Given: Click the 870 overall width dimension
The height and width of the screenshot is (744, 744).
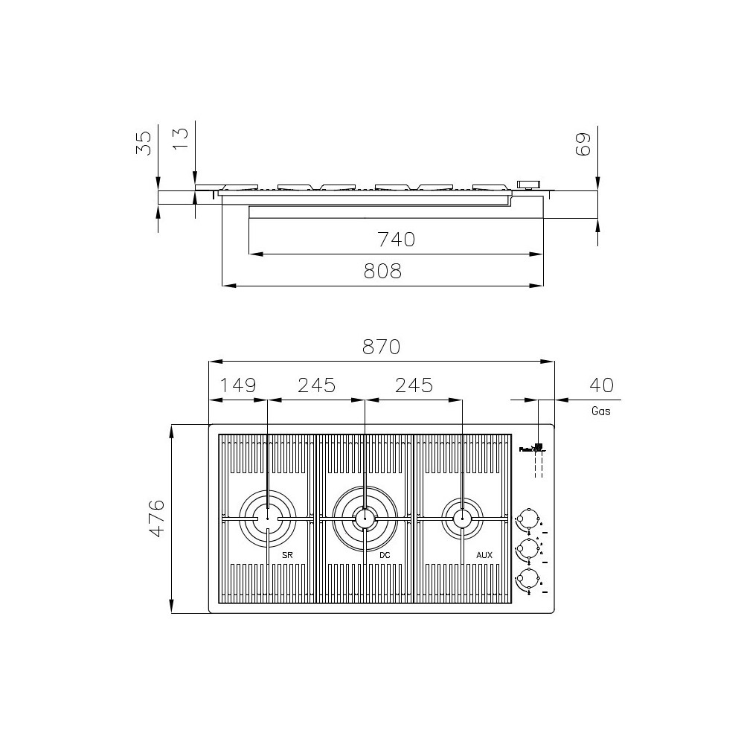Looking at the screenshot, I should (382, 347).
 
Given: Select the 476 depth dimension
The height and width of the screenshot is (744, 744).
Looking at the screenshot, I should (155, 519).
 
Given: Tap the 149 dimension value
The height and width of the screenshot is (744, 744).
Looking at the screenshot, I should (238, 385).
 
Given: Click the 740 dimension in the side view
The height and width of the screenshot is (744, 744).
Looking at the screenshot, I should (395, 240).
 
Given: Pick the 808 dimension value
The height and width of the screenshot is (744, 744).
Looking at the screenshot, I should (382, 272).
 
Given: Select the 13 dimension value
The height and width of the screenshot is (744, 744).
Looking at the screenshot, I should (181, 140).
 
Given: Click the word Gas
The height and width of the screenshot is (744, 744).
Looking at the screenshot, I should (601, 411).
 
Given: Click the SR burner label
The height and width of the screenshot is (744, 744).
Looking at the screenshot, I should (286, 556).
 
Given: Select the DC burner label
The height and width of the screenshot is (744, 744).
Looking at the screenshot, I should (385, 556).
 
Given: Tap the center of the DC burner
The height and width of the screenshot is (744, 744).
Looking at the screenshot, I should (365, 518).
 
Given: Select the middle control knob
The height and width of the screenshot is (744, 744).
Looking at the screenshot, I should (529, 548).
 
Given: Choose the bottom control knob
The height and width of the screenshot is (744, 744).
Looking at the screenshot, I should (529, 578).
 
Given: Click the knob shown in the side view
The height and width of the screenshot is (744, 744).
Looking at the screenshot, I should (529, 184).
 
